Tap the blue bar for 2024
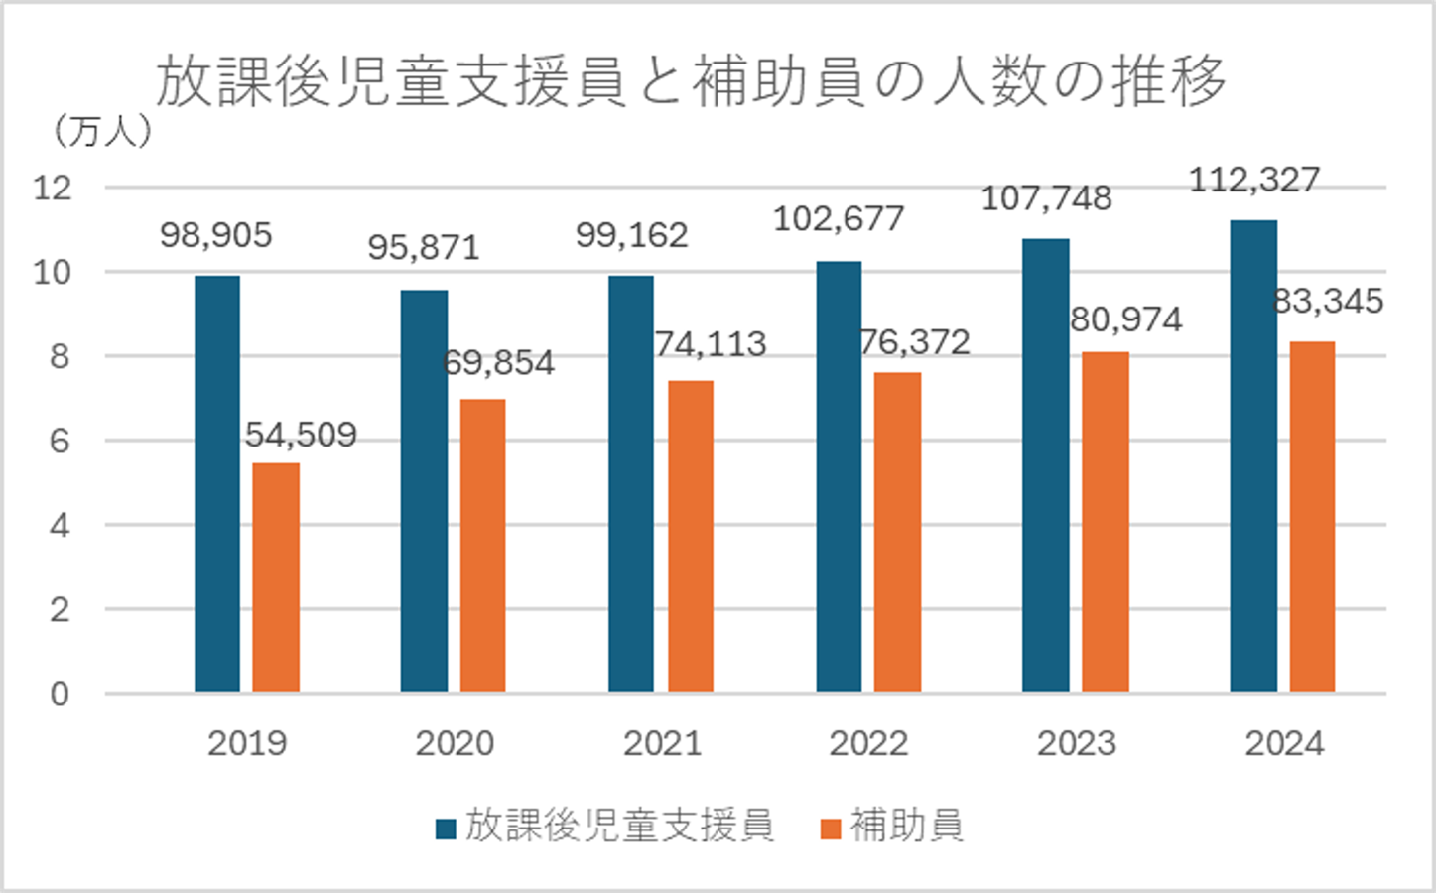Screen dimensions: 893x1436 click(1253, 455)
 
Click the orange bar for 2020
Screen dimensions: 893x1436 click(482, 545)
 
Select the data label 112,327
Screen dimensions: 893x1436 click(1254, 181)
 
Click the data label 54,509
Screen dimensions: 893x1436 click(301, 435)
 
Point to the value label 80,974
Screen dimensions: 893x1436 click(1126, 319)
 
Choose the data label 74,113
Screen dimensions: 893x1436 click(711, 344)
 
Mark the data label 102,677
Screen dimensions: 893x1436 click(839, 218)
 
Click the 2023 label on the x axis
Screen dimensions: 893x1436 click(1077, 743)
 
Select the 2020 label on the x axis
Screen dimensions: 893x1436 click(455, 743)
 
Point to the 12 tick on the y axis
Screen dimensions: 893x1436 click(54, 188)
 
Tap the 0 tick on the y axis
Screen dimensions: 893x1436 click(61, 694)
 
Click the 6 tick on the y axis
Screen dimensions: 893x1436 click(61, 441)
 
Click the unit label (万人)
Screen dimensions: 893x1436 click(103, 130)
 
